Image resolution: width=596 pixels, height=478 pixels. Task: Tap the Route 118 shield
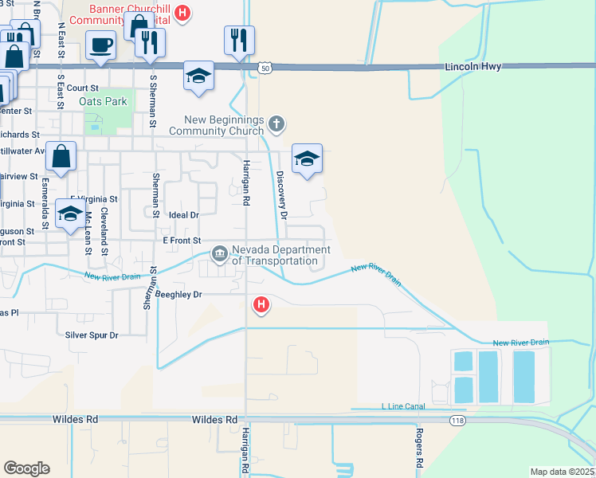pyautogui.click(x=459, y=421)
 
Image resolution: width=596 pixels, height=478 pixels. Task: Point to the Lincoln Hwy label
pyautogui.click(x=473, y=67)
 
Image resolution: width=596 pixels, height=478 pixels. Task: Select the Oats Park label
pyautogui.click(x=104, y=102)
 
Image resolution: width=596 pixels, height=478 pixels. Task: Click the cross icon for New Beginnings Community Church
pyautogui.click(x=276, y=123)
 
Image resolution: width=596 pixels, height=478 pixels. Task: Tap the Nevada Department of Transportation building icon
pyautogui.click(x=220, y=254)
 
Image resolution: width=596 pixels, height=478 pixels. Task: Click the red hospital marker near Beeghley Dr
pyautogui.click(x=261, y=304)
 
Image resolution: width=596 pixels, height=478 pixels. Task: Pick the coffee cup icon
pyautogui.click(x=101, y=45)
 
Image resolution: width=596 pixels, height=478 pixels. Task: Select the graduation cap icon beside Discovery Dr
pyautogui.click(x=307, y=159)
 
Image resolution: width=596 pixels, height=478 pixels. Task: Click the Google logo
pyautogui.click(x=26, y=468)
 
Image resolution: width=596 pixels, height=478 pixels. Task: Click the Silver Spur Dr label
pyautogui.click(x=92, y=335)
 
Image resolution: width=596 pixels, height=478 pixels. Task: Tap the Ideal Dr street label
pyautogui.click(x=184, y=215)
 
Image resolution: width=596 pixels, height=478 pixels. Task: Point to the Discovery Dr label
pyautogui.click(x=281, y=194)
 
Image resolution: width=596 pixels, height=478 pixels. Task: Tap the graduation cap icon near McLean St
pyautogui.click(x=70, y=214)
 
